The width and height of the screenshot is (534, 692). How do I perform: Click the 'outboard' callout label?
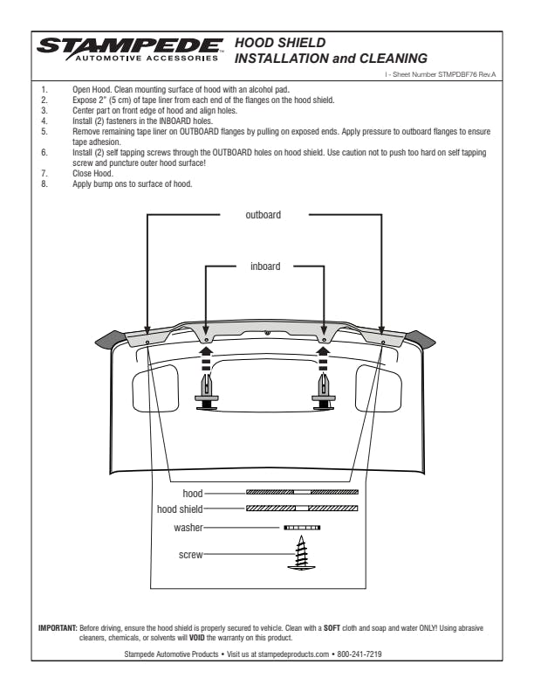[x=264, y=215]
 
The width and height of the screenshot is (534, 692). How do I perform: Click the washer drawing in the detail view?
[x=302, y=528]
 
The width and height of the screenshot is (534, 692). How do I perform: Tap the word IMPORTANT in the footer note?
[x=57, y=627]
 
